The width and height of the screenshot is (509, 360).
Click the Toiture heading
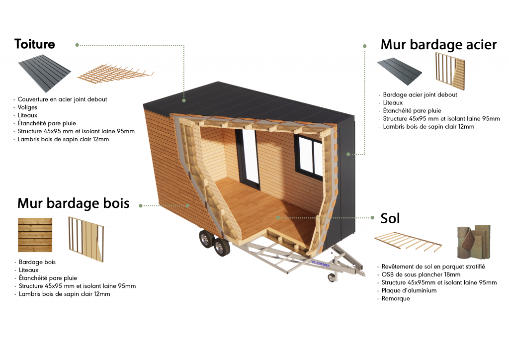pos(35,44)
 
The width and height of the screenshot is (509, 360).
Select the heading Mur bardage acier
pos(438,45)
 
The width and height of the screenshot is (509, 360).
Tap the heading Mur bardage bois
pos(73,203)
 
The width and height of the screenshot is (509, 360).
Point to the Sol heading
pos(390,218)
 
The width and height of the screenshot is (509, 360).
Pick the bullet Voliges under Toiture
pos(27,107)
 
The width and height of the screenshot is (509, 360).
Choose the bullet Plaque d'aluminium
pos(409,291)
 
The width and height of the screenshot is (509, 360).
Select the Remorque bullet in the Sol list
pos(396,299)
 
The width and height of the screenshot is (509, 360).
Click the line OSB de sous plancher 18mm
pos(421,274)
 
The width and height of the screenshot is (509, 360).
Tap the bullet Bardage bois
pos(37,262)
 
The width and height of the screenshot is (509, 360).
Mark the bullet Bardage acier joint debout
pos(420,94)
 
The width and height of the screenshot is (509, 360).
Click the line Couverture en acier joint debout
pos(62,99)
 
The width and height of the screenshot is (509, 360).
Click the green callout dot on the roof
pos(184,100)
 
